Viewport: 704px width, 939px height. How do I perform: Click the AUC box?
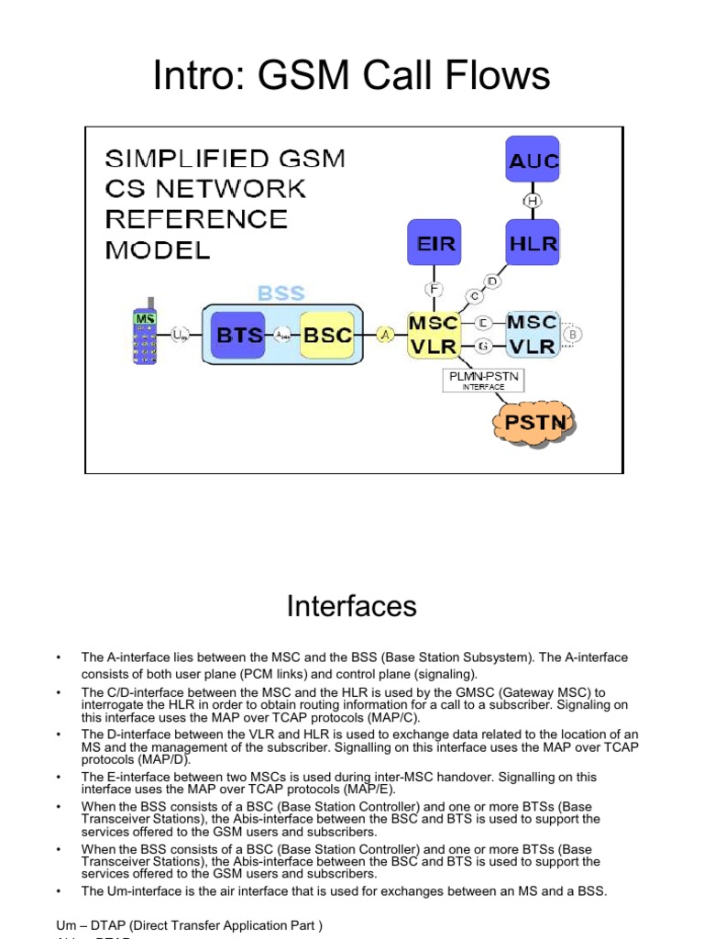tap(533, 162)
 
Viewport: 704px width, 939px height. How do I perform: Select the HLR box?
tap(533, 245)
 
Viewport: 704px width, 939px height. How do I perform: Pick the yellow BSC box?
tap(326, 336)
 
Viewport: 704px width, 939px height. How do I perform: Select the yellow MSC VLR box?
tap(434, 335)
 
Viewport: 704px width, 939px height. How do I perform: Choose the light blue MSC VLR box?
tap(532, 335)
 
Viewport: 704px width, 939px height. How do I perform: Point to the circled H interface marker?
tap(533, 202)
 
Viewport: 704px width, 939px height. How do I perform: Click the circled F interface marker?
tap(434, 290)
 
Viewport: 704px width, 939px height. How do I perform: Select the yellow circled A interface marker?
tap(386, 336)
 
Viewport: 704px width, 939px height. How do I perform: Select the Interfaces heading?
tap(352, 606)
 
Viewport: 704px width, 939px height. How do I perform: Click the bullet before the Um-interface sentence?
tap(58, 890)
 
